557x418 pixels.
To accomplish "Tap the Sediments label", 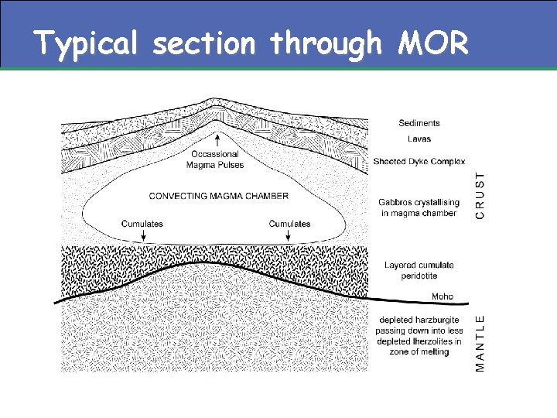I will (419, 122).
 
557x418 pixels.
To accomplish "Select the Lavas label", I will (419, 139).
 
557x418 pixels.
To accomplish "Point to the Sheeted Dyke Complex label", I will (419, 162).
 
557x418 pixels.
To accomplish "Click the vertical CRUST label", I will (481, 194).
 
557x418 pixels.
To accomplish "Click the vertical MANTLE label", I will (481, 341).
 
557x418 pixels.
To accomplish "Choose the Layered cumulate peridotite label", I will (419, 270).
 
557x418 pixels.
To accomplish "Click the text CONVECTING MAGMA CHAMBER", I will (218, 196).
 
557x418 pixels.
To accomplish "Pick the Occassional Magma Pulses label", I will (217, 159).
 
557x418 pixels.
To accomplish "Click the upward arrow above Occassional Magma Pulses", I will (218, 140).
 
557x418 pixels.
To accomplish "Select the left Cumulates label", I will (142, 224).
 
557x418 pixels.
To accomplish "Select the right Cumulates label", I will (289, 224).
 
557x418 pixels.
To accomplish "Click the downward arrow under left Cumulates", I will (143, 235).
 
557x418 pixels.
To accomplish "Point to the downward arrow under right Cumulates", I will (290, 235).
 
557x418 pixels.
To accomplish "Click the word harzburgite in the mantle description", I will (435, 320).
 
